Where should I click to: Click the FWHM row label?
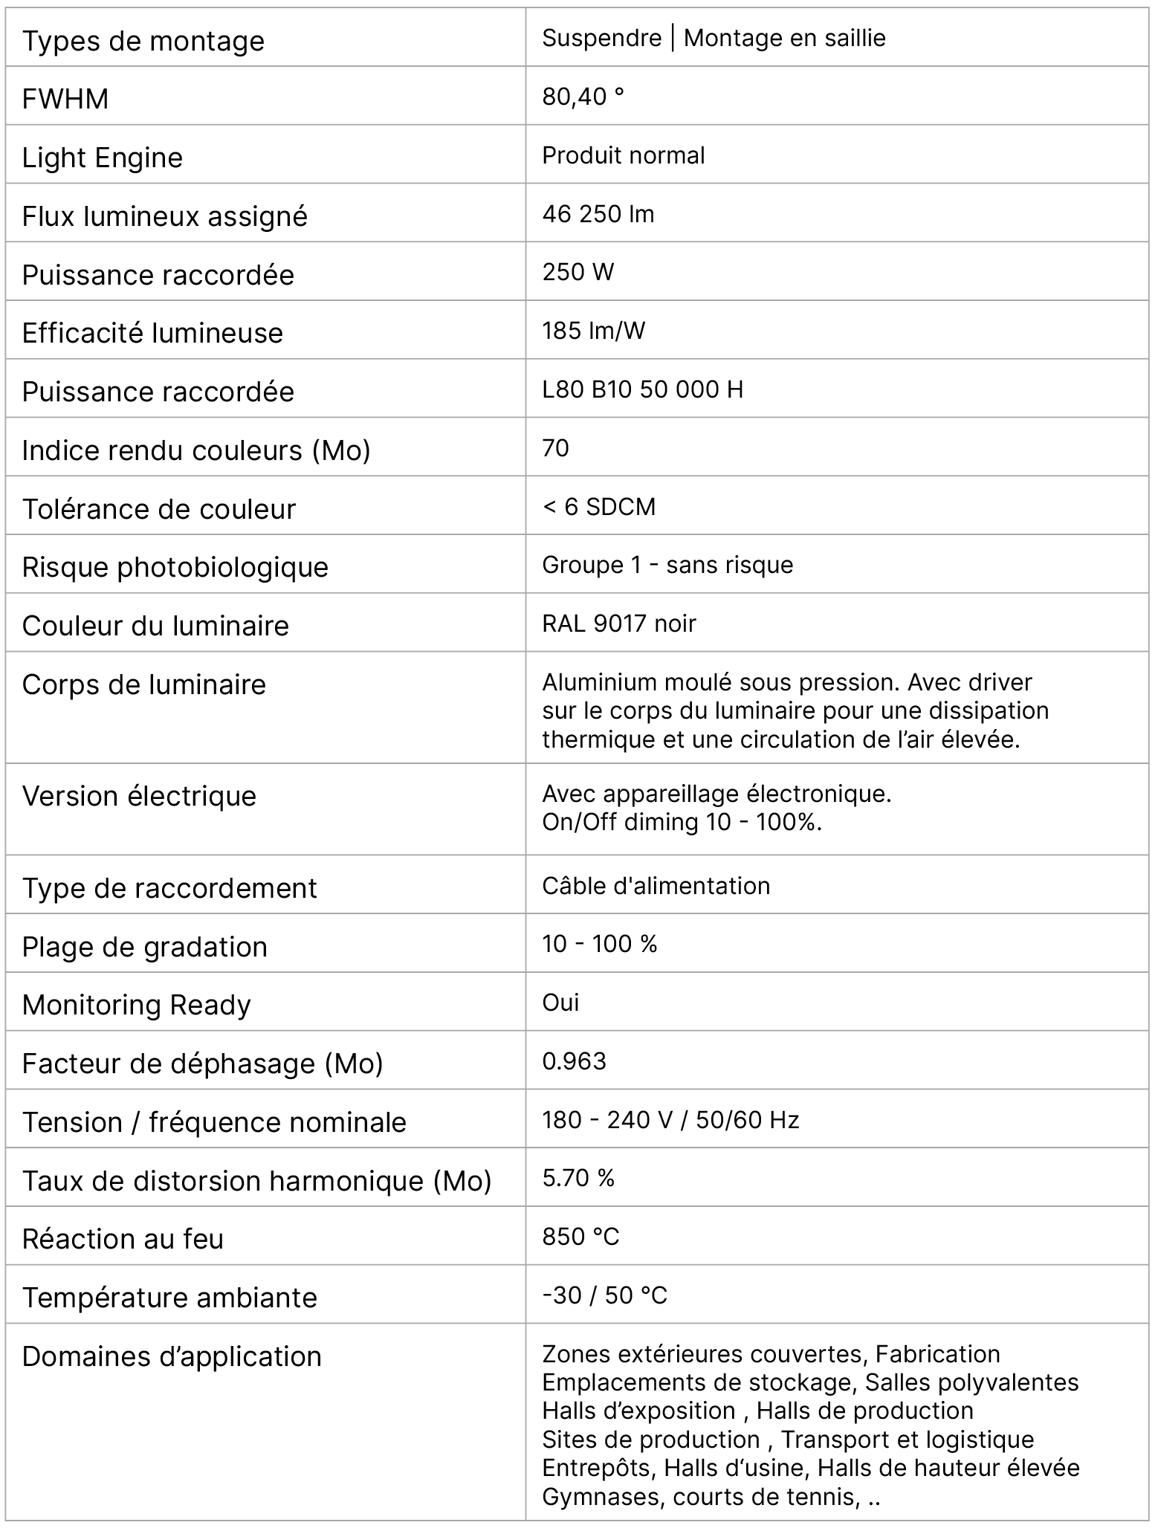[x=65, y=99]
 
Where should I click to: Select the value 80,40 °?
[x=583, y=97]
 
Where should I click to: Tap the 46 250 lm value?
[x=598, y=214]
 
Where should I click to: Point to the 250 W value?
[x=578, y=272]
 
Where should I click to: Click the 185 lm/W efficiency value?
[x=594, y=331]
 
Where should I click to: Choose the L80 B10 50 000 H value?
[x=643, y=389]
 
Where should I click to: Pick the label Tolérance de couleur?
[x=159, y=509]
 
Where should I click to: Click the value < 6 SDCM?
[x=599, y=507]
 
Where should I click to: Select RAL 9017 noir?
[x=619, y=624]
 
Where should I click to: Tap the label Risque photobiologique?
[x=175, y=567]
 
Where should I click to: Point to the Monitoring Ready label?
[x=137, y=1005]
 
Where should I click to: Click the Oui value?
[x=560, y=1003]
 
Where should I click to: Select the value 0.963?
[x=575, y=1061]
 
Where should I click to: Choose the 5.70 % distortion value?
[x=578, y=1178]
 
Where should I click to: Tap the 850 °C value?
[x=581, y=1237]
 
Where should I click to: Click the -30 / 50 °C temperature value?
[x=605, y=1295]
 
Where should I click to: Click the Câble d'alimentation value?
[x=656, y=886]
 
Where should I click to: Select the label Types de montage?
[x=143, y=41]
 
